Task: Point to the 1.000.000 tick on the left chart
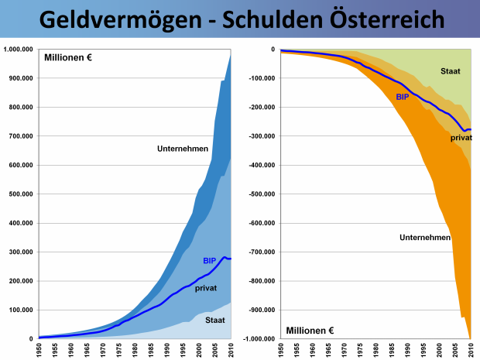coord(18,50)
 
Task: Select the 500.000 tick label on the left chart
coord(20,194)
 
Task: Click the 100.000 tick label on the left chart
coord(20,310)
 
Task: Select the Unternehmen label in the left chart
coord(181,149)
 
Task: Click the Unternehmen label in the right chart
coord(425,237)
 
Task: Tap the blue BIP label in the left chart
coord(210,260)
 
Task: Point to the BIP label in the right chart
coord(403,97)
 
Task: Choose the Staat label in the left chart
coord(216,319)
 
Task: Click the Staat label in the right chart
coord(451,71)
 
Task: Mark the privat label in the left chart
coord(206,288)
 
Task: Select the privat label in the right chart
coord(461,138)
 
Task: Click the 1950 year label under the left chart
coord(39,350)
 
